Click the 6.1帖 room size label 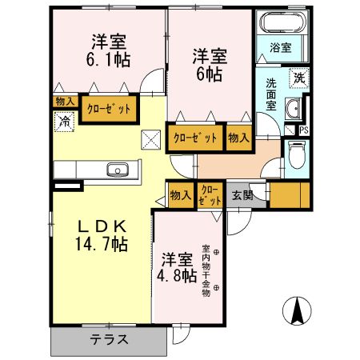coord(110,59)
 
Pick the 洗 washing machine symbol coord(298,78)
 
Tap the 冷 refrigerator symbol coord(63,121)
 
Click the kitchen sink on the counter coord(118,170)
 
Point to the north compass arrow coord(298,310)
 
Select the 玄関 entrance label coord(242,194)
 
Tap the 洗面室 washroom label coord(271,94)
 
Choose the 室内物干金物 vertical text coord(205,270)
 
